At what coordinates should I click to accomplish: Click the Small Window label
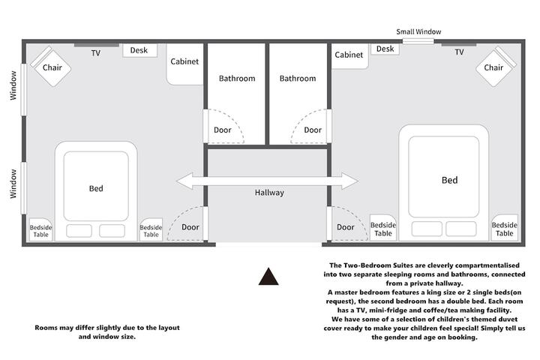[418, 31]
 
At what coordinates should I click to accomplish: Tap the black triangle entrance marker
[268, 277]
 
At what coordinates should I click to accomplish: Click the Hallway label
[269, 193]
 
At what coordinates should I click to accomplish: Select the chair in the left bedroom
[51, 67]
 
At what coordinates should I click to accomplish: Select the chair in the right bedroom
[496, 67]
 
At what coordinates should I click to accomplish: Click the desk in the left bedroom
[139, 50]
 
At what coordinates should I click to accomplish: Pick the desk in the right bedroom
[385, 49]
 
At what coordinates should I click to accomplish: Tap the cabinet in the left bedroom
[184, 64]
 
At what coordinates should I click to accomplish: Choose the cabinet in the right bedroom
[350, 56]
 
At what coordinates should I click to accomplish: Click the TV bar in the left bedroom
[97, 45]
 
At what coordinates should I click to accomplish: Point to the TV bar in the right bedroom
[459, 45]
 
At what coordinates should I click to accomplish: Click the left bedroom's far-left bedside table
[40, 229]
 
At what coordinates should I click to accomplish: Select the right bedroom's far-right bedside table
[505, 228]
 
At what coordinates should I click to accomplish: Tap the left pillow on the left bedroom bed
[79, 231]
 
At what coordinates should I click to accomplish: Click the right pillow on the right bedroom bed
[461, 229]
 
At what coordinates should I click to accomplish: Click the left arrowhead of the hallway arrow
[184, 181]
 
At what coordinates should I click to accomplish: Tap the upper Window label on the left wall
[13, 85]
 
